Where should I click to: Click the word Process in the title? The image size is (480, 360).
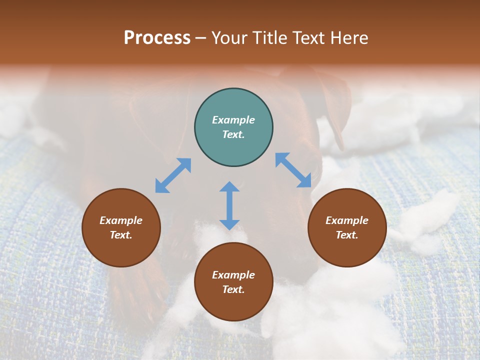click(157, 38)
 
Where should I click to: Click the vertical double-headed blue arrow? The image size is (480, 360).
click(229, 205)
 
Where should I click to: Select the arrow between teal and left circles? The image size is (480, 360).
click(173, 175)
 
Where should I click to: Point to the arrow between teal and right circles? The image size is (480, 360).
click(293, 170)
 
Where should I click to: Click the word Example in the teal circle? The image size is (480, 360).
click(233, 120)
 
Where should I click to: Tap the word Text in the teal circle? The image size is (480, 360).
click(233, 134)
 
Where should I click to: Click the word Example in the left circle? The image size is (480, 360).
click(121, 220)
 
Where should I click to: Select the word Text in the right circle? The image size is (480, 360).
click(347, 235)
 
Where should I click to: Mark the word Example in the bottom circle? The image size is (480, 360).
click(233, 275)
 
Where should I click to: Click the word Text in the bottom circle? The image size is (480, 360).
click(233, 289)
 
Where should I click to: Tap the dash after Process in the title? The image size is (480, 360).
click(200, 38)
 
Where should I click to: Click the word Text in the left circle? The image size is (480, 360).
click(121, 235)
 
